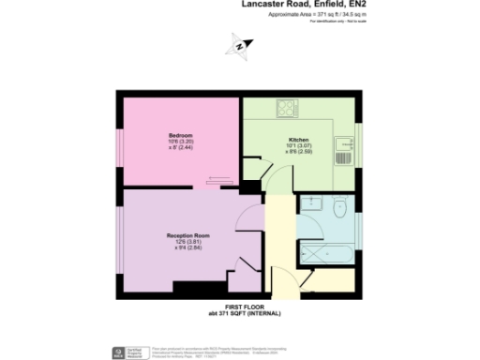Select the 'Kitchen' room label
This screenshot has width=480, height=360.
click(298, 140)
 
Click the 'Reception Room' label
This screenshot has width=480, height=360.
click(187, 234)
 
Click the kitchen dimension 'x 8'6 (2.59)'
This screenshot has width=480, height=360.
click(298, 153)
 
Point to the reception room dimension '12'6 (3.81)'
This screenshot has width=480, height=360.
click(187, 241)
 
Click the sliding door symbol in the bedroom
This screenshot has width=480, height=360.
click(217, 180)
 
